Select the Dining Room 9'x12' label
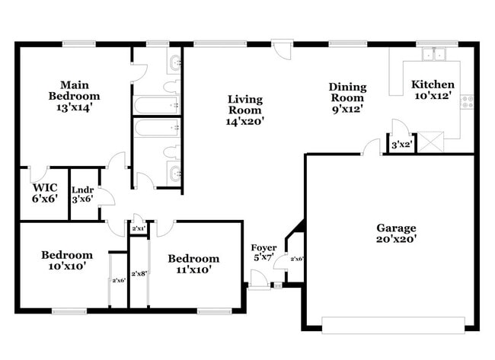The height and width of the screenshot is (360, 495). click(347, 97)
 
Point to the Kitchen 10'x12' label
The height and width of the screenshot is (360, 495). click(433, 90)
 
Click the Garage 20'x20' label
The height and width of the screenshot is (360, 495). click(396, 233)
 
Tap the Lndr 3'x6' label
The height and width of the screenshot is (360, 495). click(82, 194)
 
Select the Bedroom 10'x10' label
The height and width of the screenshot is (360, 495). click(67, 260)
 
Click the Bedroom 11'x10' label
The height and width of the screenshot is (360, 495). click(193, 263)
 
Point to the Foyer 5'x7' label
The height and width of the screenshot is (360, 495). click(263, 253)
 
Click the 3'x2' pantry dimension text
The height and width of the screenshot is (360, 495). click(401, 145)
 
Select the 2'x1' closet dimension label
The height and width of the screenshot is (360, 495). click(139, 228)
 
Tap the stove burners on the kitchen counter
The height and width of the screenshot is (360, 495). click(467, 100)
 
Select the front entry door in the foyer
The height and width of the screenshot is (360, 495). click(259, 285)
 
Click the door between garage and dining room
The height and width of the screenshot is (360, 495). click(371, 146)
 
